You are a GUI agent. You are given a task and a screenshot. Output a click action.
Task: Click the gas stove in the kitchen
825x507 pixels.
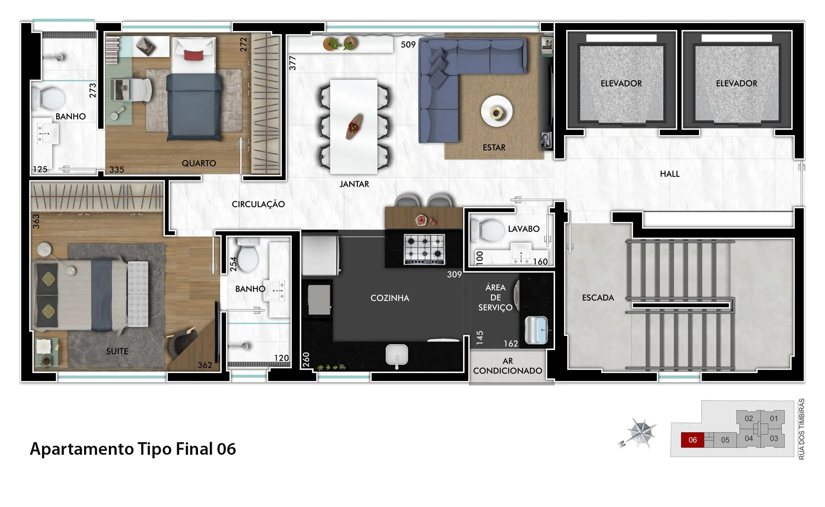tap(425, 249)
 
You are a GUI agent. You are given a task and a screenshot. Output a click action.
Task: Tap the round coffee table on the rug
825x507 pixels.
tap(497, 111)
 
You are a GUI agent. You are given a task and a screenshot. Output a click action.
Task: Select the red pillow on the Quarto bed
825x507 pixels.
tap(194, 55)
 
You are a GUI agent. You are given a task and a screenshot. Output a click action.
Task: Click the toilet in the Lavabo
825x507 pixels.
tap(487, 230)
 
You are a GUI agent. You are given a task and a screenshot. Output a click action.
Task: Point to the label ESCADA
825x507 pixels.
tap(598, 298)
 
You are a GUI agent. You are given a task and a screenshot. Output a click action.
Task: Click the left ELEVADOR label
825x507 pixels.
tap(621, 83)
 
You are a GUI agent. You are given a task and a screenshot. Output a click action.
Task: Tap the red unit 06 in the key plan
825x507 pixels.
tap(692, 440)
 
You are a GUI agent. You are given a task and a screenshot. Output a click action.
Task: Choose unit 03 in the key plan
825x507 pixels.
tap(774, 439)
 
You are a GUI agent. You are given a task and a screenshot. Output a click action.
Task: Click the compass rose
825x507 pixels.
tap(639, 433)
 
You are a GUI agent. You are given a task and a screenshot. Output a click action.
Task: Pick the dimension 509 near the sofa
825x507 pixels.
tap(408, 45)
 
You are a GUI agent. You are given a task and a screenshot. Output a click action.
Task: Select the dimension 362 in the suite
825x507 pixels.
tap(205, 365)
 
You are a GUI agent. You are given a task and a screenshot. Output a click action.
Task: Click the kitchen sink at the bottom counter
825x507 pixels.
tap(397, 356)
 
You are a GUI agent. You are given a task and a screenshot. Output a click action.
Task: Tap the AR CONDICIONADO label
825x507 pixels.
tap(508, 366)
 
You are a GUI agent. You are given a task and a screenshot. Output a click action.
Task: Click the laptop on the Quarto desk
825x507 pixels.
tap(117, 90)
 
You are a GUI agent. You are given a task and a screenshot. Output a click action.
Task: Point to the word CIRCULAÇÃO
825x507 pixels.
tap(258, 204)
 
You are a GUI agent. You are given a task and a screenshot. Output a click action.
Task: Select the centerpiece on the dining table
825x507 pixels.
tap(354, 126)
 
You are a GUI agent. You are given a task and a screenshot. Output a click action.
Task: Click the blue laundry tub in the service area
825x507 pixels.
tap(536, 330)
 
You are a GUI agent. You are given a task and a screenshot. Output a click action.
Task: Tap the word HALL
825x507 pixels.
tap(669, 174)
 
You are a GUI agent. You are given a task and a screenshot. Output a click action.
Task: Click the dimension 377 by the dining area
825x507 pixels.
tap(292, 63)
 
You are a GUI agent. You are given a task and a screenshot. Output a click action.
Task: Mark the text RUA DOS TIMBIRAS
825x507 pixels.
tap(802, 429)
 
